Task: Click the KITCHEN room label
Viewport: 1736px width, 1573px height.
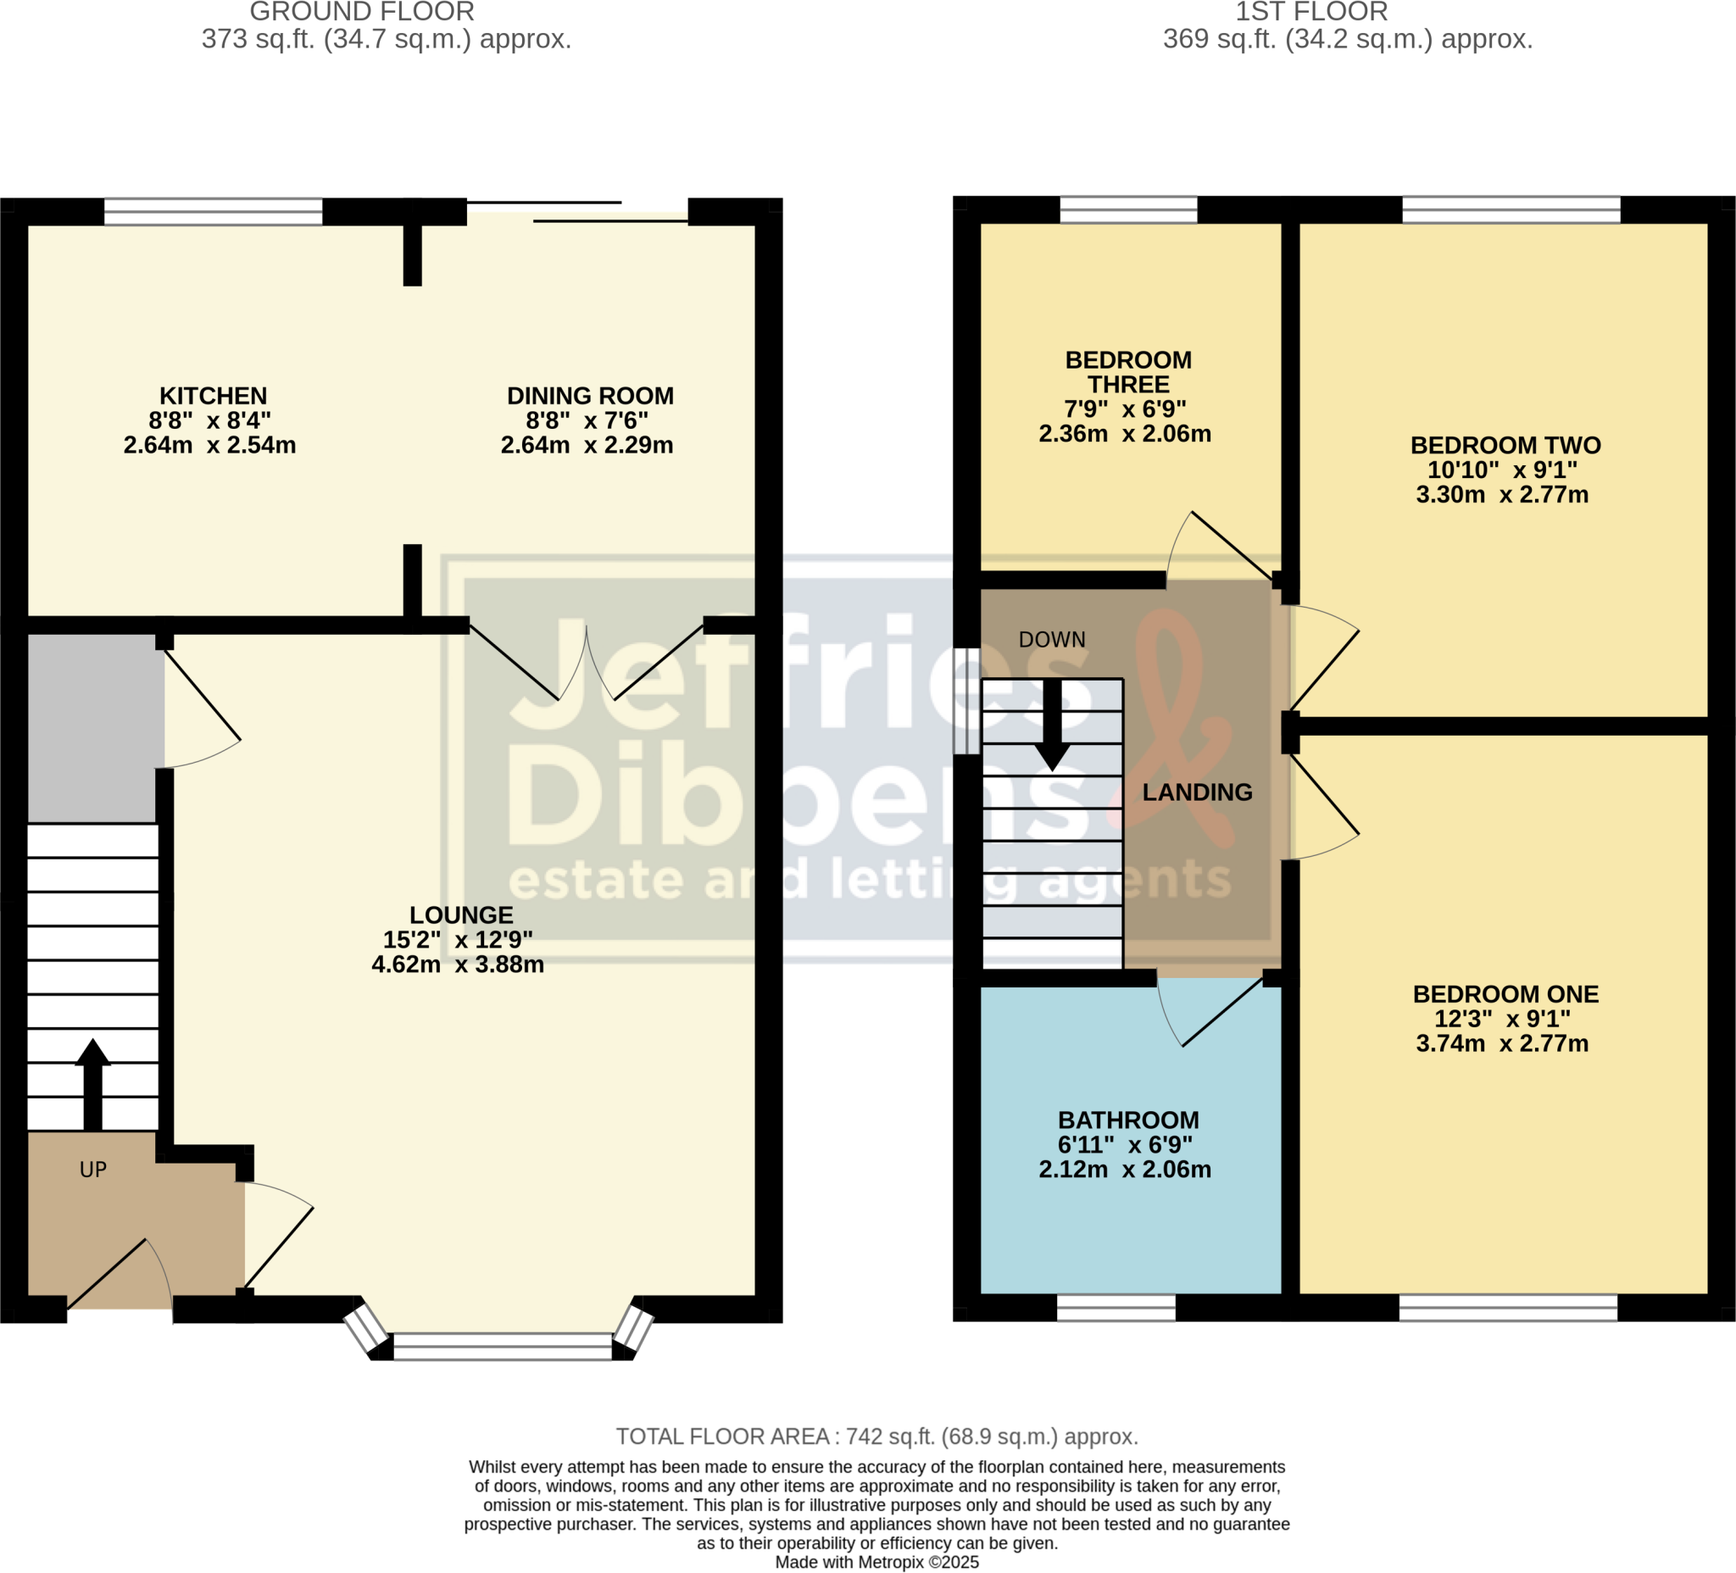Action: [213, 396]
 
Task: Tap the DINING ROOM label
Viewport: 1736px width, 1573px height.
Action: [590, 396]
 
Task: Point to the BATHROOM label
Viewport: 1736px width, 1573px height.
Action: [1128, 1120]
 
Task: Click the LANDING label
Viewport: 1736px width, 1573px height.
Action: [1197, 792]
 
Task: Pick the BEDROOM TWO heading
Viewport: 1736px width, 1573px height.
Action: [1505, 445]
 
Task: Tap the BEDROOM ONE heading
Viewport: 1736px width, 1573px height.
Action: [1505, 994]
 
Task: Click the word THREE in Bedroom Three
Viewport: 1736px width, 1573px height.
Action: [1128, 385]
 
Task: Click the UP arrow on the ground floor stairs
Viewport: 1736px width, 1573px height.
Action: [92, 1084]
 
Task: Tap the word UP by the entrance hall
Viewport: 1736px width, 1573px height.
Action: [93, 1170]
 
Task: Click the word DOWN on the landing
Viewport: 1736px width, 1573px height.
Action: [1051, 640]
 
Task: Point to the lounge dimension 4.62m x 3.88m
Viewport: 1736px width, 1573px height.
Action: [457, 965]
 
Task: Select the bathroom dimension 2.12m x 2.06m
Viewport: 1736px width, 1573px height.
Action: [1125, 1170]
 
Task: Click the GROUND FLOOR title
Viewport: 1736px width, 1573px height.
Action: [362, 12]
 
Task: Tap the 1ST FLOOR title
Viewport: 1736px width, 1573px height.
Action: [1311, 12]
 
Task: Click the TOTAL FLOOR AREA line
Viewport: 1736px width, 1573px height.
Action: [876, 1436]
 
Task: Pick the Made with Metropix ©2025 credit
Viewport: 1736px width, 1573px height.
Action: [876, 1562]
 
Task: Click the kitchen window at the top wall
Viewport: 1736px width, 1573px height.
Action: [213, 212]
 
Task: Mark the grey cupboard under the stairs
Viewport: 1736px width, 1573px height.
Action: [92, 728]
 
